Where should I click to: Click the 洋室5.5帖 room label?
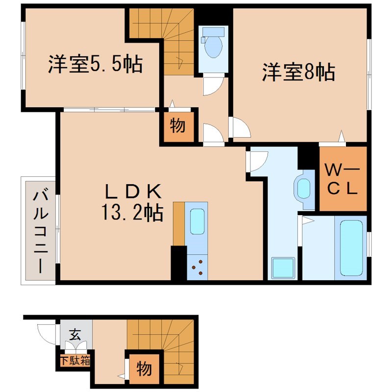[95, 64]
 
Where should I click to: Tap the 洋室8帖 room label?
[298, 73]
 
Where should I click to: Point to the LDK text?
[132, 190]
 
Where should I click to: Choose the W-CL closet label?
[343, 180]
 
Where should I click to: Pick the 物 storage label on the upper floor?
[177, 126]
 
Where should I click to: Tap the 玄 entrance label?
[75, 336]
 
